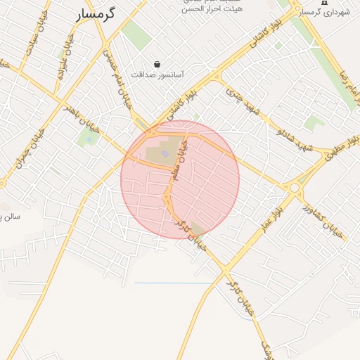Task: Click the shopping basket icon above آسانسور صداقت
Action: click(156, 63)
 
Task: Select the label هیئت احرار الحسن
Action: click(207, 9)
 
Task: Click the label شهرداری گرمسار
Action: click(324, 13)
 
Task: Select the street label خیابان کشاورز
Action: click(322, 220)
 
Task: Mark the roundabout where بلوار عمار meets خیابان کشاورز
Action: click(294, 188)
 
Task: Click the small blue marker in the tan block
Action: click(165, 153)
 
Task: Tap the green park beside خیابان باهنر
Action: click(89, 137)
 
